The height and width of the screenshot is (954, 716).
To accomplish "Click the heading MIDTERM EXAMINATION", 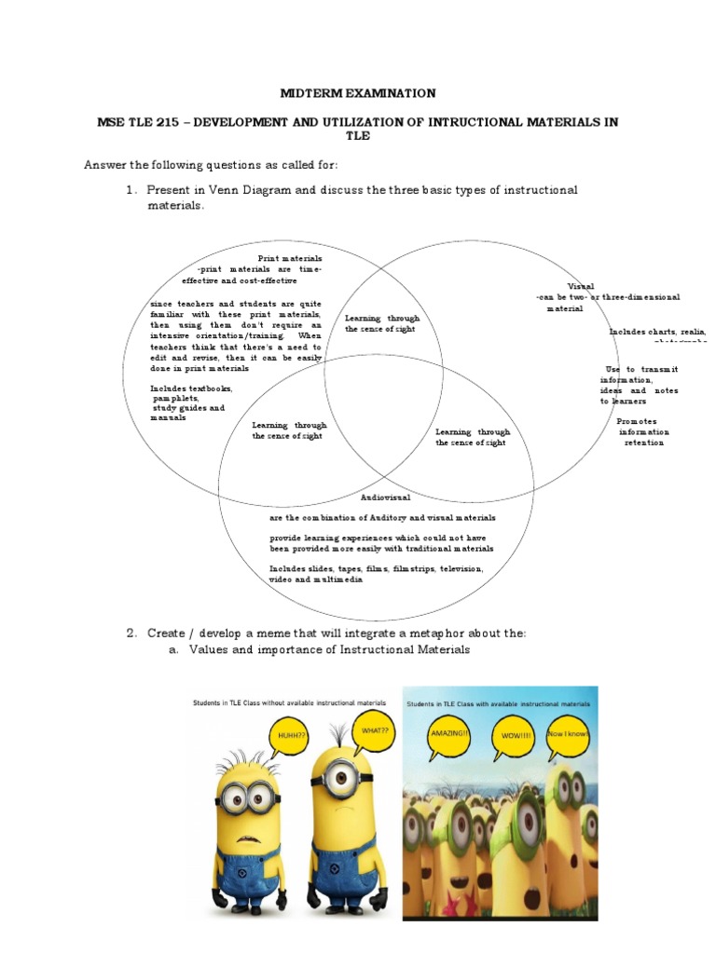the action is coord(358,93).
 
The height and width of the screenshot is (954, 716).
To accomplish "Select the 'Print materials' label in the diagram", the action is coord(290,258).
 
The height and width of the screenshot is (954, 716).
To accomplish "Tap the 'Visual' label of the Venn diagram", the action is coord(581,286).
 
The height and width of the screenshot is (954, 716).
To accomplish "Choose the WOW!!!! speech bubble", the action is coord(513,735).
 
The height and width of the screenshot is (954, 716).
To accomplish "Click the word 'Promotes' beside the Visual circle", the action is coord(636,421).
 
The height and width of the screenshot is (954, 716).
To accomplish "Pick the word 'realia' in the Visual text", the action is coord(693,332).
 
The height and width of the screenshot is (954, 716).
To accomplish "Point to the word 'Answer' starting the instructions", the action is coord(105,165).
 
